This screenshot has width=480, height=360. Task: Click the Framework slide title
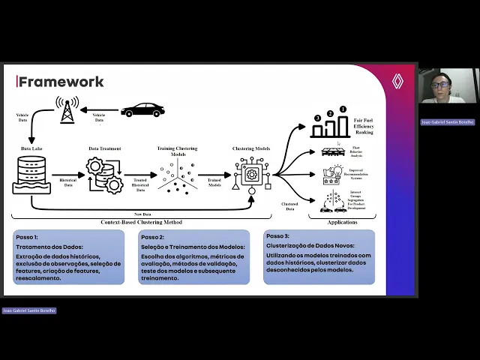pyautogui.click(x=61, y=82)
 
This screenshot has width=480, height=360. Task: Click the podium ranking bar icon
pyautogui.click(x=330, y=124)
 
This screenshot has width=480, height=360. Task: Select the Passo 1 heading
pyautogui.click(x=30, y=236)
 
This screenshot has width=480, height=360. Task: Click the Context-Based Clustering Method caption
pyautogui.click(x=141, y=222)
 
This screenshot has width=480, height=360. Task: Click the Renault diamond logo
pyautogui.click(x=397, y=82)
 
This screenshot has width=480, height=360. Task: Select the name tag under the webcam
pyautogui.click(x=447, y=121)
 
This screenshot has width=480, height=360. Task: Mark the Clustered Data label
pyautogui.click(x=289, y=205)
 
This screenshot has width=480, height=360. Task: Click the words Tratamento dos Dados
pyautogui.click(x=49, y=247)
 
